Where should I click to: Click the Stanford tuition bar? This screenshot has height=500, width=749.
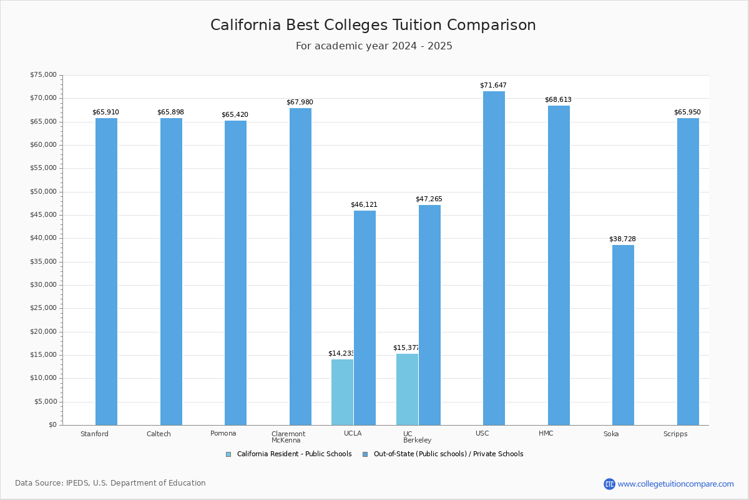click(x=106, y=272)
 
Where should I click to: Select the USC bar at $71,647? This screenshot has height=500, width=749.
click(x=494, y=258)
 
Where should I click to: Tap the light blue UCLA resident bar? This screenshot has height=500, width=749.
click(x=342, y=392)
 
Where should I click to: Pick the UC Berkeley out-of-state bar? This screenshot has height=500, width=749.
click(x=429, y=315)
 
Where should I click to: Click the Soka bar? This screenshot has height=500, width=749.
click(x=623, y=335)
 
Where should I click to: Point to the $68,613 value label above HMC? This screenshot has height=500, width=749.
click(x=558, y=100)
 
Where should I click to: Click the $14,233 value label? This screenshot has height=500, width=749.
click(x=341, y=354)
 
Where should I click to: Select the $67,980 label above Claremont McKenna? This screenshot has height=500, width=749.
click(x=300, y=102)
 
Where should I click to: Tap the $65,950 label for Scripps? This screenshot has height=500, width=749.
click(x=687, y=112)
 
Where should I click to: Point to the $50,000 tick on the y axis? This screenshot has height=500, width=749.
click(x=43, y=192)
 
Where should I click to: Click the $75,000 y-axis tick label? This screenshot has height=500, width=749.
click(x=43, y=75)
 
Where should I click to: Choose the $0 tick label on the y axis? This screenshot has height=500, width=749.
click(x=52, y=425)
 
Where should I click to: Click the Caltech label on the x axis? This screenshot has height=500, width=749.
click(x=159, y=434)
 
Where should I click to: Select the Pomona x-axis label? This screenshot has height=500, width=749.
click(x=223, y=434)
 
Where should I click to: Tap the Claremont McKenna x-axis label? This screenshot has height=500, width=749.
click(x=288, y=437)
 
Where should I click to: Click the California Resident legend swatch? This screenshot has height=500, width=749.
click(x=228, y=454)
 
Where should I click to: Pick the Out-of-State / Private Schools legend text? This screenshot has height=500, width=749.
click(x=448, y=454)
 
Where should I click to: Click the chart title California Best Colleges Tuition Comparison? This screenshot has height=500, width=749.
click(x=373, y=25)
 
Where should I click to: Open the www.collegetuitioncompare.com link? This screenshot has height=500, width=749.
click(x=675, y=484)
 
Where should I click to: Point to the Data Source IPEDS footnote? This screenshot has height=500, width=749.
click(x=110, y=483)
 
